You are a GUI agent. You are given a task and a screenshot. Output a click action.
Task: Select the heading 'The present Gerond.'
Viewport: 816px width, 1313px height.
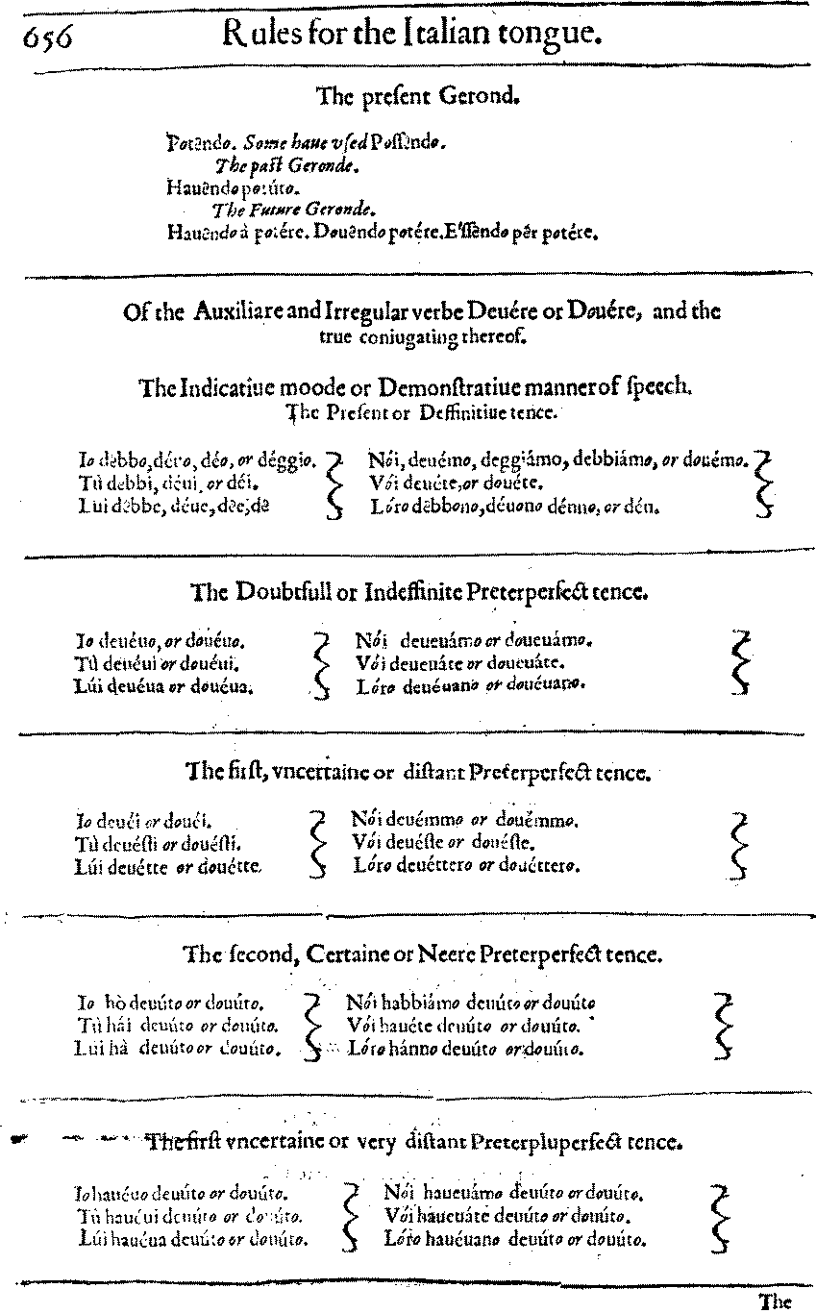(x=418, y=96)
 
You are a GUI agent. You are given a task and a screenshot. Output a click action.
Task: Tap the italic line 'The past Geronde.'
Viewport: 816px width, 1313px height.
(x=287, y=165)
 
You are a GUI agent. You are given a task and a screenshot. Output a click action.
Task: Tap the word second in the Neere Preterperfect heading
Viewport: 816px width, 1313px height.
(x=258, y=954)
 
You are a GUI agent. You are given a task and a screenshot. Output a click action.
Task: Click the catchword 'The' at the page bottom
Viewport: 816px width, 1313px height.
(x=774, y=1302)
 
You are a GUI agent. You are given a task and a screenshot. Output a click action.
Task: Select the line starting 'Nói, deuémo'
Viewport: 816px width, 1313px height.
(x=557, y=460)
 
